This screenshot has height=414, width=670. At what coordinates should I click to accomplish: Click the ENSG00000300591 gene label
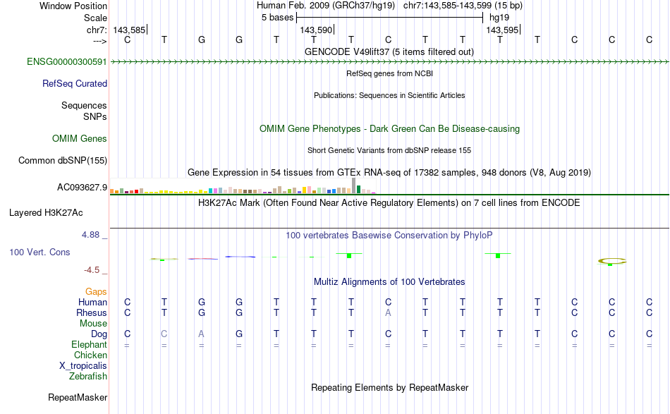click(x=67, y=62)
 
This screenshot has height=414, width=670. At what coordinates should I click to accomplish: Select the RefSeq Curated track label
click(x=75, y=84)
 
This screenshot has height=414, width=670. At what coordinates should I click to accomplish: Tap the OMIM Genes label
click(x=80, y=139)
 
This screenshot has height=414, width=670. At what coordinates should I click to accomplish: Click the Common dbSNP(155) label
click(x=63, y=161)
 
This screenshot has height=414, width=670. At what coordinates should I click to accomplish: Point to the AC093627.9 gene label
click(x=82, y=188)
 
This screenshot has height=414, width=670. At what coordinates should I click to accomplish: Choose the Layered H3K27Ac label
click(x=46, y=213)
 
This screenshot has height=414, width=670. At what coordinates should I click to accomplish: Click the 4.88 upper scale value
click(x=90, y=235)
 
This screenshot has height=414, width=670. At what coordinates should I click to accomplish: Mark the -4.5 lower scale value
click(x=92, y=270)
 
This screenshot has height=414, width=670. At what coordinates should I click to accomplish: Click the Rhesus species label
click(x=92, y=312)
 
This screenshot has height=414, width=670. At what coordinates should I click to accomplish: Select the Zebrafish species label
click(x=88, y=377)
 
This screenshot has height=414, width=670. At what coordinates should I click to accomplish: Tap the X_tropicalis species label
click(x=83, y=366)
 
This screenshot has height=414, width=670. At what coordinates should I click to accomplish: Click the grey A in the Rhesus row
click(x=388, y=312)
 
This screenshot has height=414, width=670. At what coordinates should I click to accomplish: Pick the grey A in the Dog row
click(x=201, y=334)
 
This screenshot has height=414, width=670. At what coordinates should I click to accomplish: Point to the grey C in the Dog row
click(x=164, y=334)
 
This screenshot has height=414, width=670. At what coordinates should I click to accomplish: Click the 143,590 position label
click(x=316, y=30)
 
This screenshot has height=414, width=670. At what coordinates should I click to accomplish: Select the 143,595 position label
click(x=502, y=30)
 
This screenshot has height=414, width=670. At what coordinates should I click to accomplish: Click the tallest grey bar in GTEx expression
click(x=353, y=186)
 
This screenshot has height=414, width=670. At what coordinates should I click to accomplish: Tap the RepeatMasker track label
click(x=78, y=398)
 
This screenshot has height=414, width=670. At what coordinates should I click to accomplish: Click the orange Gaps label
click(x=96, y=292)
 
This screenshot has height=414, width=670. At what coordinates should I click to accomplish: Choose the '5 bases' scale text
click(x=278, y=18)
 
